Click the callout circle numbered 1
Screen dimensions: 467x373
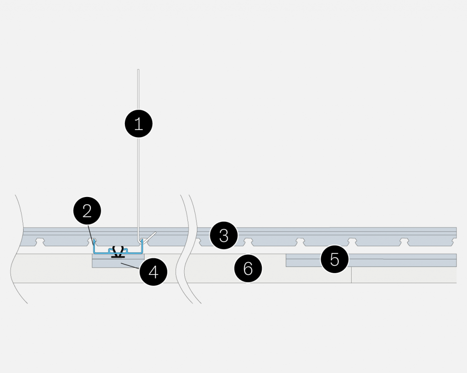pos(139,124)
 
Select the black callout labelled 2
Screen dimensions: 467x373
pos(87,211)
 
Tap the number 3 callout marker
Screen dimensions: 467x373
pos(223,235)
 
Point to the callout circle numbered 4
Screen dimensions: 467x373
pos(153,272)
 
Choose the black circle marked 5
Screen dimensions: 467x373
pos(334,259)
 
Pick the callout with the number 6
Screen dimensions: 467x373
pos(248,269)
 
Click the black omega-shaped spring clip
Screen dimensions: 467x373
pos(118,250)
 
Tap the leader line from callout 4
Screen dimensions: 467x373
pos(130,266)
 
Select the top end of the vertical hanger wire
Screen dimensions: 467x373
pos(138,70)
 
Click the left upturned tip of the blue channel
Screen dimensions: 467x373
pos(94,240)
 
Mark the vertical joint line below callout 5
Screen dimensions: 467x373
pos(352,275)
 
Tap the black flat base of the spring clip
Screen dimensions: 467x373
pos(118,256)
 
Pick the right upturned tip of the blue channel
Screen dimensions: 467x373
pos(142,240)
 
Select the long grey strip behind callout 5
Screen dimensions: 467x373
pos(371,260)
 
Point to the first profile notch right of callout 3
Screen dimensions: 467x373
pos(248,242)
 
